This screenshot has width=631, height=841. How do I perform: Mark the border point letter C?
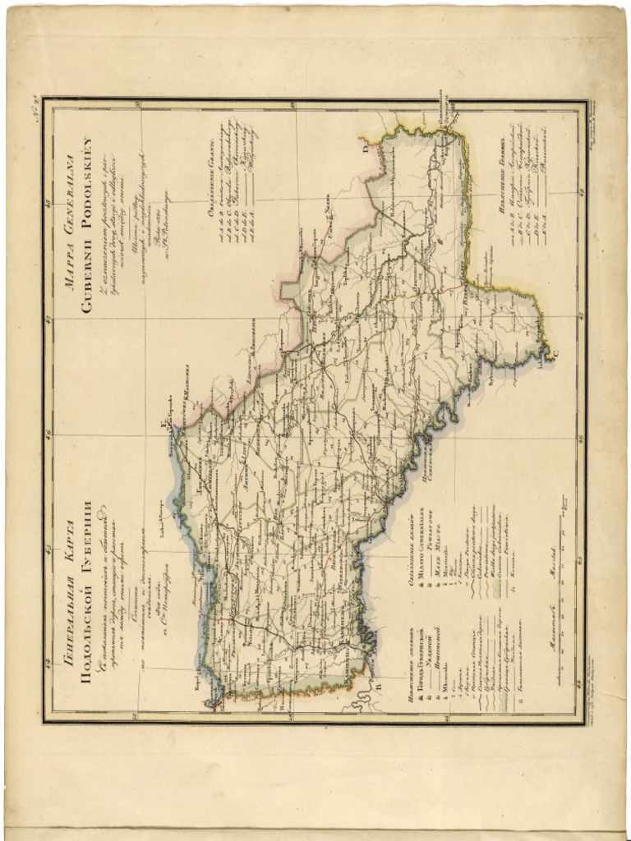click(553, 354)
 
